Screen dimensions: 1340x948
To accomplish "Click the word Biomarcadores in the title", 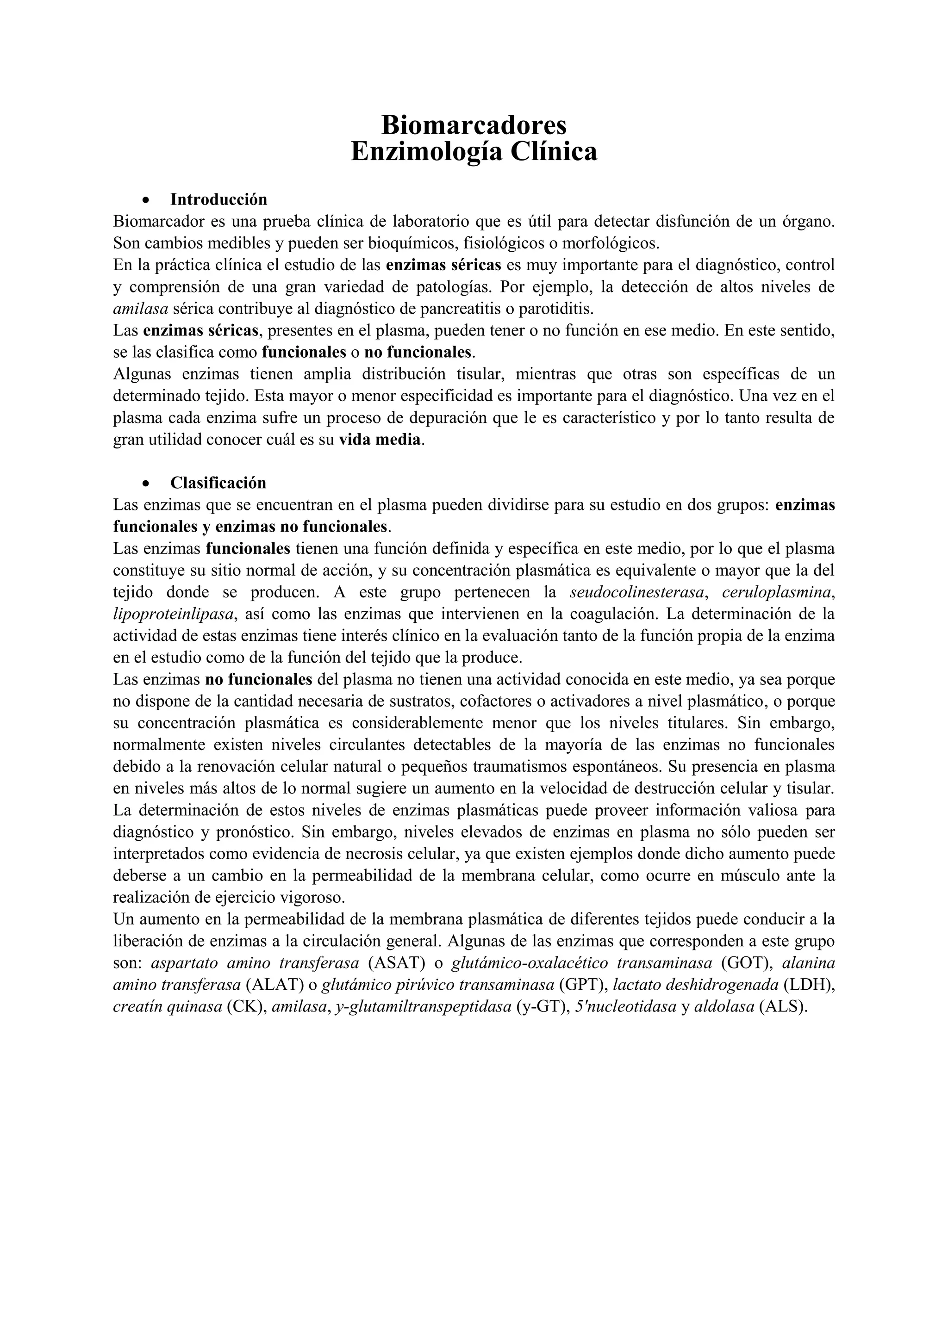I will coord(474,125).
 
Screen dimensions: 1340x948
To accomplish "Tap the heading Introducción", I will coord(218,199).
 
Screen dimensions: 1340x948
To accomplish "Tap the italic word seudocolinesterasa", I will coord(637,592).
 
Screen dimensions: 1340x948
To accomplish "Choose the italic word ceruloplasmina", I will coord(776,592).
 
